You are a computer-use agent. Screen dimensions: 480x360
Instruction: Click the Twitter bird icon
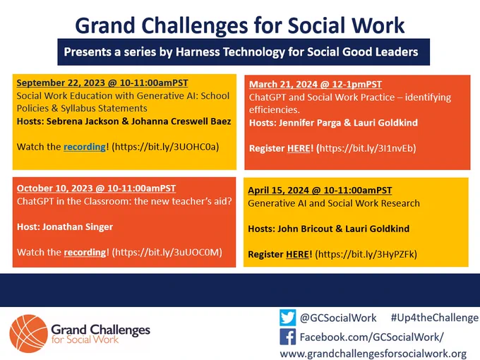[287, 318]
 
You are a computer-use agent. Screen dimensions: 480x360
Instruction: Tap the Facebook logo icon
[287, 337]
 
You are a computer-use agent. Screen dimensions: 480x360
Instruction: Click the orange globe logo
[29, 334]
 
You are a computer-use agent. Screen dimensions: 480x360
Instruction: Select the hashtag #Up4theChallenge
[435, 318]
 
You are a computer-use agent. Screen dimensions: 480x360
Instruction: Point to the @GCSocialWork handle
[338, 318]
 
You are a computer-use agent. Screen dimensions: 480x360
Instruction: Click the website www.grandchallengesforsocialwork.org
[373, 354]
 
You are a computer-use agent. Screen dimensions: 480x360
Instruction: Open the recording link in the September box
[85, 147]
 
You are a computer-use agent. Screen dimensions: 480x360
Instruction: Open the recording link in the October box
[85, 252]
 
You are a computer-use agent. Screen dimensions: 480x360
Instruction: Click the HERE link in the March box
[299, 148]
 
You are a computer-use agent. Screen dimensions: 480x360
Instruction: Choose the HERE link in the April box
[297, 254]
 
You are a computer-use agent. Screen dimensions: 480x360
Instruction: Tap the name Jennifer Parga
[310, 123]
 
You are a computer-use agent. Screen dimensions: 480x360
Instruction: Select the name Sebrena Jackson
[83, 121]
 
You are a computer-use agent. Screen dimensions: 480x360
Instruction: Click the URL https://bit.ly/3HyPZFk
[366, 254]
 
